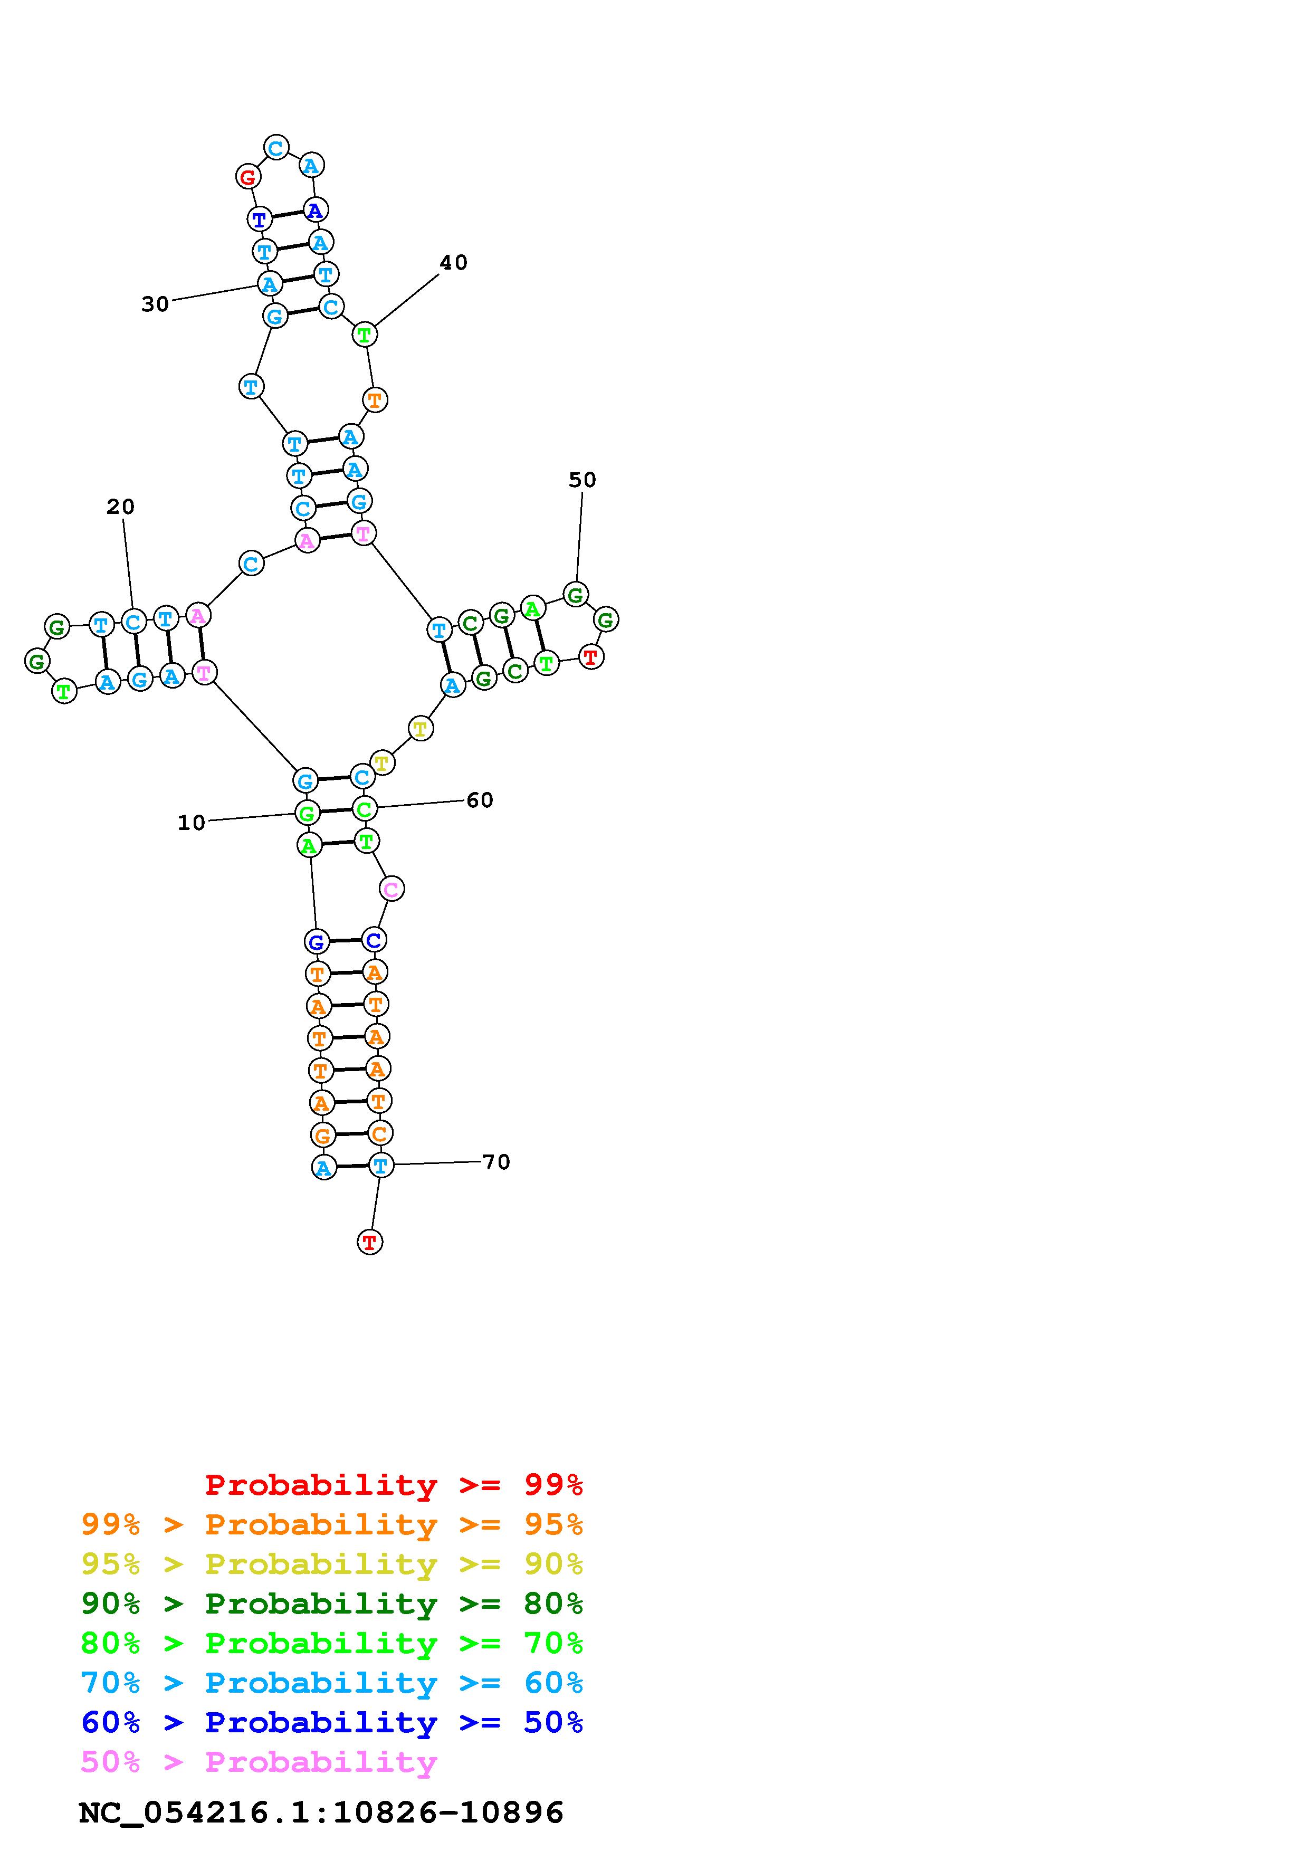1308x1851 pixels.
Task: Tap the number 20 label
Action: pos(120,507)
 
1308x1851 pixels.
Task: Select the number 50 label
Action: pos(582,481)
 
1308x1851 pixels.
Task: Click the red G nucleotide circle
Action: pos(248,177)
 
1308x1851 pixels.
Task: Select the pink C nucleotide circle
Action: pos(391,889)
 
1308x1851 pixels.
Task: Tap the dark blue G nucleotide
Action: pos(317,942)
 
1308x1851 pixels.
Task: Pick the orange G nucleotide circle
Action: pos(322,1135)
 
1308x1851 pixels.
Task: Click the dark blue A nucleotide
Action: pos(315,211)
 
